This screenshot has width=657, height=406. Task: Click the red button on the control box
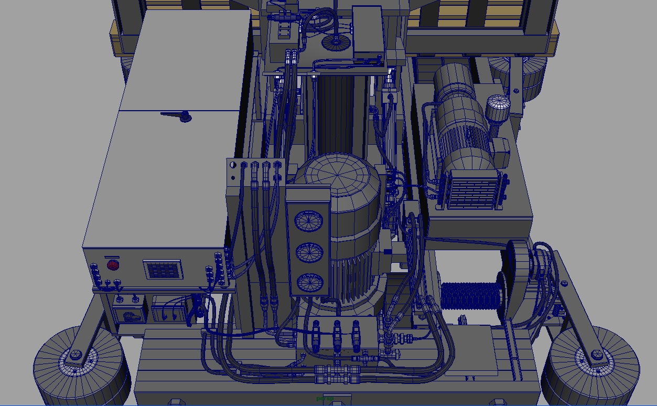[x=113, y=265]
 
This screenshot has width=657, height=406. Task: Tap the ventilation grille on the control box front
[x=164, y=270]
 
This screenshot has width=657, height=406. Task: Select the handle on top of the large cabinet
[x=178, y=115]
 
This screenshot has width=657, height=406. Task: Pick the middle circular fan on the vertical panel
[x=309, y=253]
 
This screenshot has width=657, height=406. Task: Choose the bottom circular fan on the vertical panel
[x=309, y=283]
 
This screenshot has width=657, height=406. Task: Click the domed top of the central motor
[x=336, y=178]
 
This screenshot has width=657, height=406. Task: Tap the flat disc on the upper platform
[x=336, y=42]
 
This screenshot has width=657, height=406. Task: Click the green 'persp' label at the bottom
[x=325, y=399]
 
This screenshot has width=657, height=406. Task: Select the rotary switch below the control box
[x=128, y=316]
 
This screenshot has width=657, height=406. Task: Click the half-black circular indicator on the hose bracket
[x=233, y=165]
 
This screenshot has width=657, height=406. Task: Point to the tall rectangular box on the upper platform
[x=367, y=31]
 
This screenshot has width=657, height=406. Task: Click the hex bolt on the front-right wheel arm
[x=596, y=355]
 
